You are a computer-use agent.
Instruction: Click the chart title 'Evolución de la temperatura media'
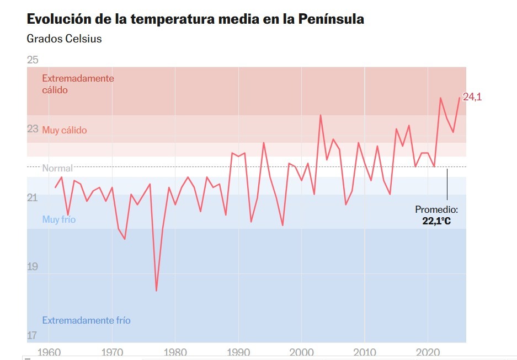[195, 19]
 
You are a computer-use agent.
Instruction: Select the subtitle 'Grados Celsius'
[64, 39]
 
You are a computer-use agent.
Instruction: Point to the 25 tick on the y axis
[33, 60]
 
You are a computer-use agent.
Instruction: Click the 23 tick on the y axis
[33, 129]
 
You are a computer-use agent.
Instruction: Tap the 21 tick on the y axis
[33, 198]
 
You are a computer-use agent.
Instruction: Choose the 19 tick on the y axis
[33, 267]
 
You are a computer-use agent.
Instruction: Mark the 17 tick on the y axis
[33, 335]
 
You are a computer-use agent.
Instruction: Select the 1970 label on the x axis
[112, 352]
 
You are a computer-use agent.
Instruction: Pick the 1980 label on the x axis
[175, 352]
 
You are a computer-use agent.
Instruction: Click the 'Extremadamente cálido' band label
[78, 84]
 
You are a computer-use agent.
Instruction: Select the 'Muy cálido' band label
[65, 131]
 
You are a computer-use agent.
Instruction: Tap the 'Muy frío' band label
[59, 220]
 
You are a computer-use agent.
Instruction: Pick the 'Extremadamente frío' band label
[86, 320]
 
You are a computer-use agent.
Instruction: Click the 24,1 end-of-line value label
[472, 97]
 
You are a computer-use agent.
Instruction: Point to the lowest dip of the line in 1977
[156, 291]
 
